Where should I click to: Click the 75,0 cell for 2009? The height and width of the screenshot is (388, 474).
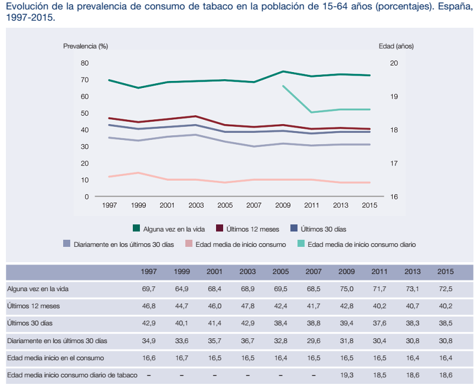click(346, 289)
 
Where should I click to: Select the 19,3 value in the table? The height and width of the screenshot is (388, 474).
click(346, 375)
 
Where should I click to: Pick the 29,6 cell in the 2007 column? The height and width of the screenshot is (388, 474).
click(313, 341)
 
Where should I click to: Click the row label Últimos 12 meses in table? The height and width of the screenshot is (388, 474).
click(34, 307)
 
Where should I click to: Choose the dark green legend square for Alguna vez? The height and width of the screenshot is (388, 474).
click(136, 228)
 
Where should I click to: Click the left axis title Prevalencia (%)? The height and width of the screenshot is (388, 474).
click(86, 45)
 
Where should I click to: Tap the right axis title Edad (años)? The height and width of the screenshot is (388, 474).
click(396, 45)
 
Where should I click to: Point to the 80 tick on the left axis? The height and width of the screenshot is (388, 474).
click(84, 63)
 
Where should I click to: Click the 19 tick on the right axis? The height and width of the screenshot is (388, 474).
click(394, 96)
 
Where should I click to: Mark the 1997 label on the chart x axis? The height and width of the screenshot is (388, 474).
click(110, 205)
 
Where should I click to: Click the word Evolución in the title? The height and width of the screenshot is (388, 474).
click(25, 7)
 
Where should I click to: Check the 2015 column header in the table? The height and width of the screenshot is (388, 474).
click(445, 272)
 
